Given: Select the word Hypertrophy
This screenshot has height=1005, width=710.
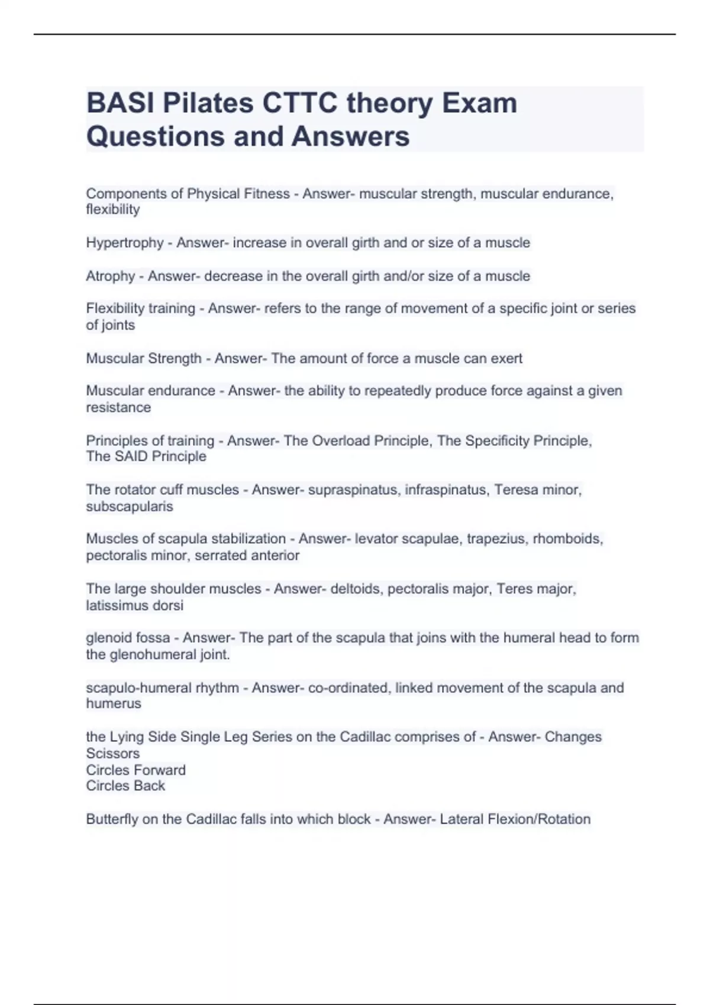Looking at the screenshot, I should [x=124, y=243].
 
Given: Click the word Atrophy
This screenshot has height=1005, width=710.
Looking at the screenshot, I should [x=111, y=276].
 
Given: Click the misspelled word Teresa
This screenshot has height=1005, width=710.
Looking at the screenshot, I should [x=515, y=490].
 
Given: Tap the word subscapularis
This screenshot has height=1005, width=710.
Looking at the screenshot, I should [x=130, y=507].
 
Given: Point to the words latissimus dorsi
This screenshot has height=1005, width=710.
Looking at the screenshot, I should [x=134, y=605].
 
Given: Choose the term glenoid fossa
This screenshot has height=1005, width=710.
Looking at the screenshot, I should [x=128, y=638].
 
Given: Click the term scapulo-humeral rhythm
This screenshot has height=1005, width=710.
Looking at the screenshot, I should [x=162, y=688].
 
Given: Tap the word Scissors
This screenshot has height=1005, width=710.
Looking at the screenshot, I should [x=112, y=754].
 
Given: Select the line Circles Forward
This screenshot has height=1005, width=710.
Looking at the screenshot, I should [x=135, y=770].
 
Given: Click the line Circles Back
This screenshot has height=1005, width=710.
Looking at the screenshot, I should [x=125, y=786].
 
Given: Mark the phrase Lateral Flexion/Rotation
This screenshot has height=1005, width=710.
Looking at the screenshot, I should [x=515, y=819].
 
